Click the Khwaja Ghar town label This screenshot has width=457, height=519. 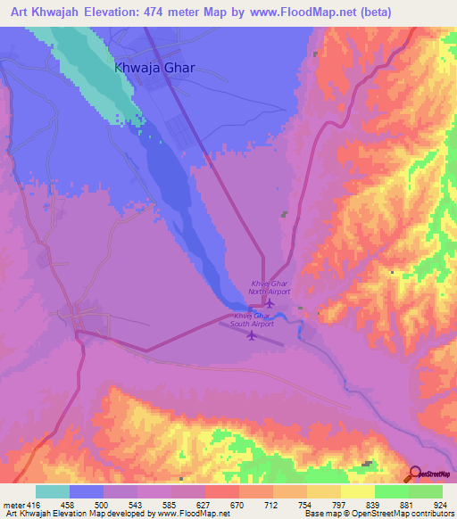154,68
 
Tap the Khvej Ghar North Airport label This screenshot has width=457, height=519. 270,287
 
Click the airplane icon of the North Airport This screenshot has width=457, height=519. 270,303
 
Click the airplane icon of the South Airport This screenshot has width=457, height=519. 251,336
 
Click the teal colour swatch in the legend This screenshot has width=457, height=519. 53,491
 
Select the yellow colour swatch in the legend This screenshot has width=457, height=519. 357,491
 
